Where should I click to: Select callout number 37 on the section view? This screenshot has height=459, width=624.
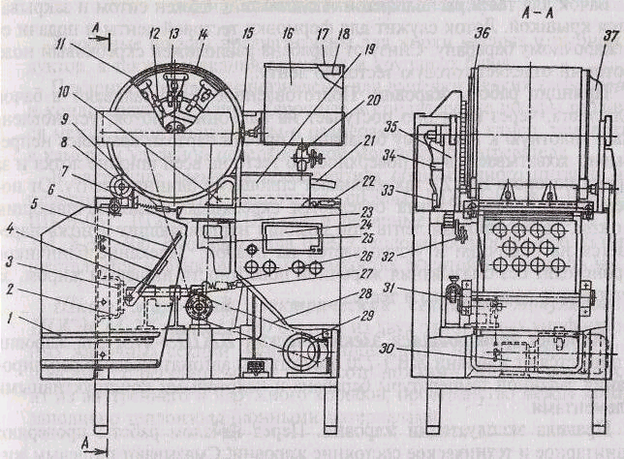[x=609, y=36]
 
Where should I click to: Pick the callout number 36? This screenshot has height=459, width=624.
[x=482, y=33]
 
